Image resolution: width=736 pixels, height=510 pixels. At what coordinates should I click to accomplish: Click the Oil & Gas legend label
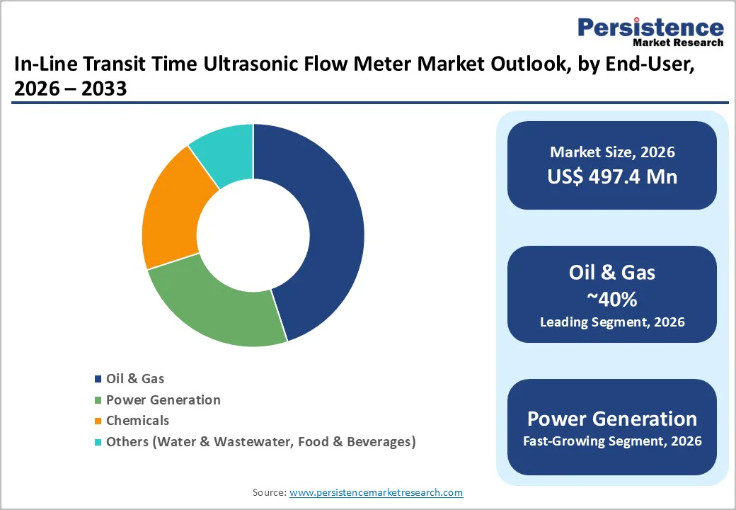pyautogui.click(x=135, y=379)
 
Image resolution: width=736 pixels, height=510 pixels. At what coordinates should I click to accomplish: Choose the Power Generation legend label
pyautogui.click(x=163, y=400)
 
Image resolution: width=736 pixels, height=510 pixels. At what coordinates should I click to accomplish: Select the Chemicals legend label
pyautogui.click(x=137, y=421)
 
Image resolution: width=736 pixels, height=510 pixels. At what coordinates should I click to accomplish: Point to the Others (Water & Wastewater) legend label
pyautogui.click(x=260, y=442)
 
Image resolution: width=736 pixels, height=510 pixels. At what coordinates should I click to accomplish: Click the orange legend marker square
pyautogui.click(x=98, y=421)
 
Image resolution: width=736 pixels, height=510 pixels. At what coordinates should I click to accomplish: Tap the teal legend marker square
pyautogui.click(x=98, y=443)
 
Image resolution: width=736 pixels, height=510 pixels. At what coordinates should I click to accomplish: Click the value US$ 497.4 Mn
pyautogui.click(x=612, y=176)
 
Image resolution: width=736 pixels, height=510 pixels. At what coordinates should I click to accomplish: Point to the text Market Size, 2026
pyautogui.click(x=612, y=152)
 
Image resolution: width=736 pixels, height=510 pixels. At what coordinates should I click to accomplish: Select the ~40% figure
pyautogui.click(x=612, y=299)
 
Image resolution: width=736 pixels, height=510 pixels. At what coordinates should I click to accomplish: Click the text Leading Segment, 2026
pyautogui.click(x=612, y=322)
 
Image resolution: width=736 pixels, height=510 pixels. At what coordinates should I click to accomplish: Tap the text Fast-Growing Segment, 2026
pyautogui.click(x=612, y=441)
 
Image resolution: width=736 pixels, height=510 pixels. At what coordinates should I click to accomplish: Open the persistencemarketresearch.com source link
pyautogui.click(x=376, y=492)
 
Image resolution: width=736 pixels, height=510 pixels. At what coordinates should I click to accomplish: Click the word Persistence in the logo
pyautogui.click(x=650, y=28)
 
